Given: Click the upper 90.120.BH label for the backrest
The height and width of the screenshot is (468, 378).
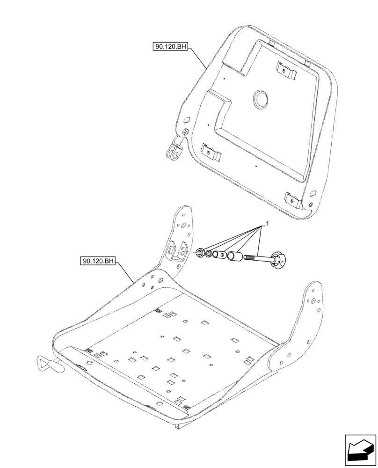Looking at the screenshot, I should click(x=169, y=47).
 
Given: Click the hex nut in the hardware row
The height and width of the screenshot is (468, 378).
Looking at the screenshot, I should click(x=199, y=253).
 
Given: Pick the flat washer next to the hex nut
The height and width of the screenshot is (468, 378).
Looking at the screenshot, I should click(x=208, y=254).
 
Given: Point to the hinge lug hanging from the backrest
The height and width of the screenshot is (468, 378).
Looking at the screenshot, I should click(x=174, y=151).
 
